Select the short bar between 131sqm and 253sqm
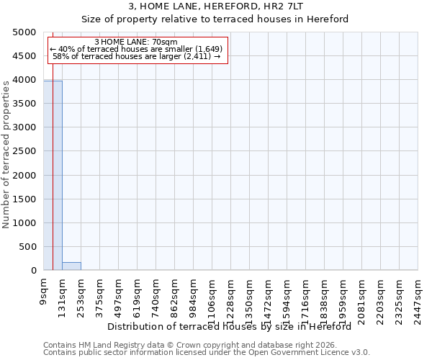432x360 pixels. click(x=71, y=266)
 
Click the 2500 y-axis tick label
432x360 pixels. click(x=24, y=151)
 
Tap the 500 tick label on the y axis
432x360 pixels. click(x=27, y=247)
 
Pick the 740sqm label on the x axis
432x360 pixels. click(x=156, y=295)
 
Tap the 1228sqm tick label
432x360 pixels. click(x=230, y=298)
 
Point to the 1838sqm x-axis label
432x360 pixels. click(x=324, y=298)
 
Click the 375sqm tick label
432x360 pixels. click(x=99, y=295)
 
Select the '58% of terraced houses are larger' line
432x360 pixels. click(x=136, y=57)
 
